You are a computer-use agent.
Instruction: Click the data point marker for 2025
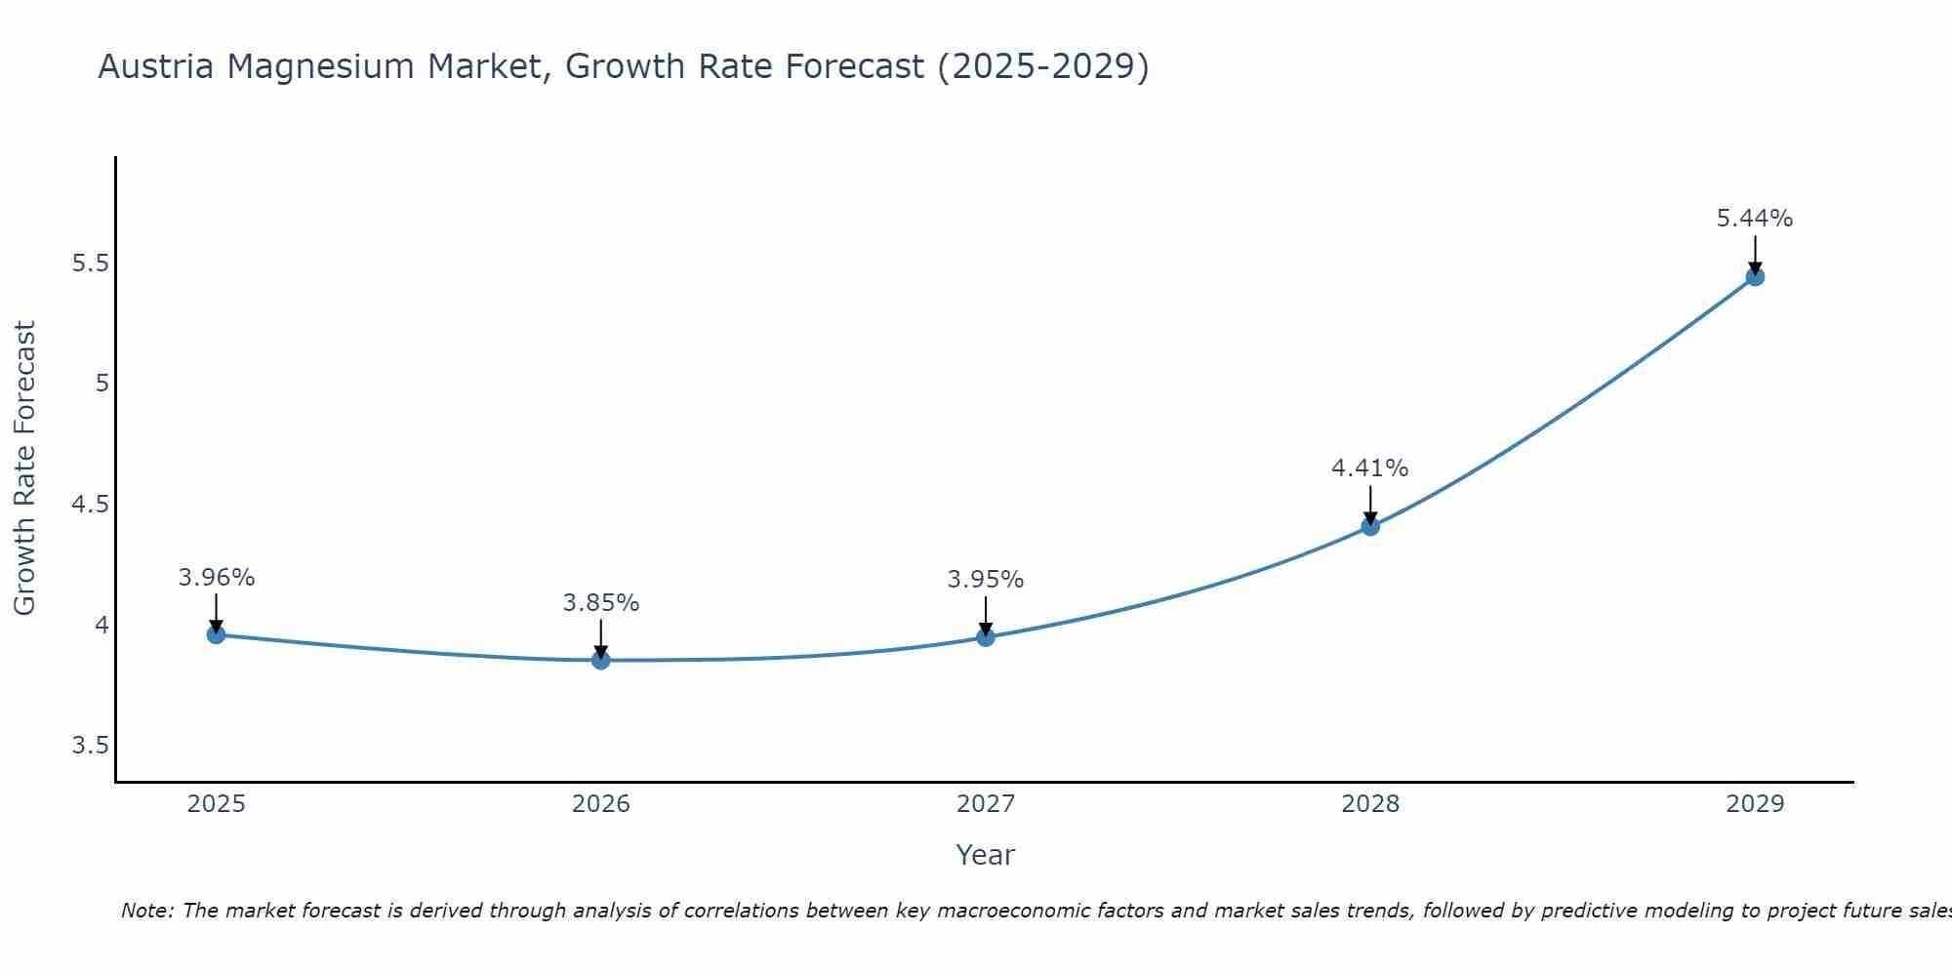(x=216, y=634)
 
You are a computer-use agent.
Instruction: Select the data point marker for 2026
(x=600, y=661)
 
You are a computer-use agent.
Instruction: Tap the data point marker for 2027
(x=986, y=637)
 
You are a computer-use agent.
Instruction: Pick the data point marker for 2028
(x=1370, y=526)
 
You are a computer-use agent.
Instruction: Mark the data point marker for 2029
(x=1755, y=276)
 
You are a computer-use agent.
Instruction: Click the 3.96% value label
(x=216, y=578)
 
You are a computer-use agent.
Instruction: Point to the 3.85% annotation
(x=600, y=603)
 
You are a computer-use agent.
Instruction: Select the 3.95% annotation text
(x=986, y=580)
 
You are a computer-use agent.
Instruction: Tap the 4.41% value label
(x=1370, y=468)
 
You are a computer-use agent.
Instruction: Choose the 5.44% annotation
(x=1755, y=219)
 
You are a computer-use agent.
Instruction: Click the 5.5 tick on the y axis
(x=90, y=264)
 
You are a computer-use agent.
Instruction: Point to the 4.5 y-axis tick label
(x=90, y=505)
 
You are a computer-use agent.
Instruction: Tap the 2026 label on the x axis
(x=600, y=804)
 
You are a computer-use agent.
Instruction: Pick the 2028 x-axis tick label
(x=1370, y=804)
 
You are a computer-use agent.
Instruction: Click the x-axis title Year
(x=986, y=855)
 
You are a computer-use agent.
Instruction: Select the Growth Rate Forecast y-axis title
(x=24, y=468)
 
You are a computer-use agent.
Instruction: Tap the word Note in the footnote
(x=146, y=911)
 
